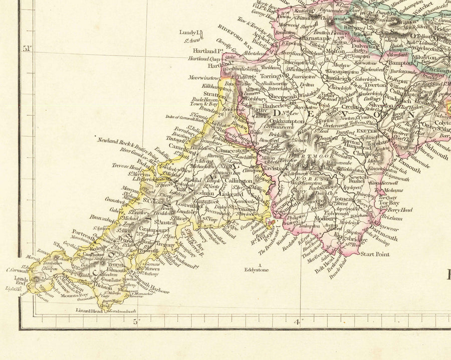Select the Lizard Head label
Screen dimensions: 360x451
coord(89,311)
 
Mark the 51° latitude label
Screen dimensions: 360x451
coord(27,49)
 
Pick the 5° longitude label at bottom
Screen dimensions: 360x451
coord(136,321)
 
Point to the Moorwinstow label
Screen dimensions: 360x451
coord(204,78)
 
